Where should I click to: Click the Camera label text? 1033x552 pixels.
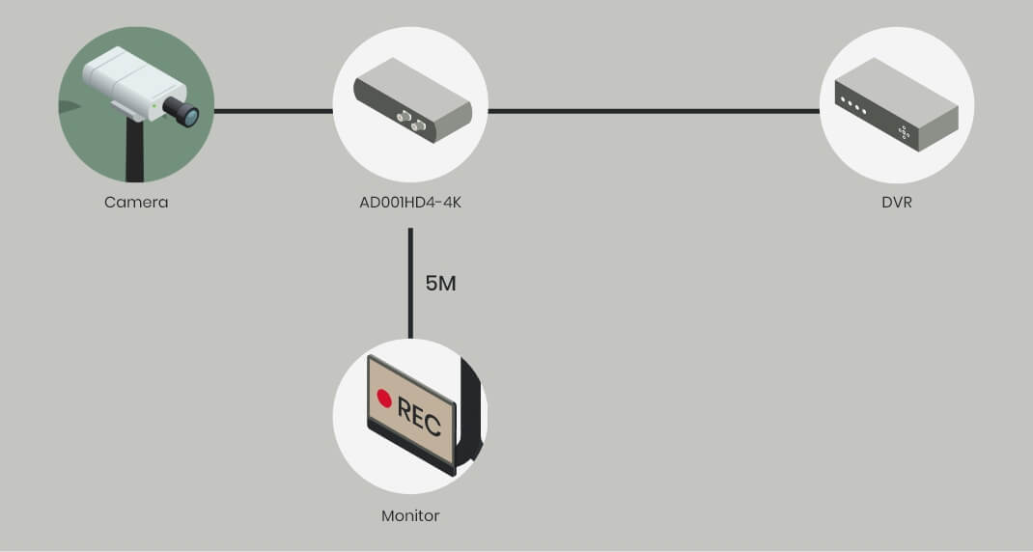coord(136,203)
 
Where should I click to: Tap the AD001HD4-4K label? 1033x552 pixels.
coord(409,203)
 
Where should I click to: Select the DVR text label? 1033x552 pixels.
coord(896,203)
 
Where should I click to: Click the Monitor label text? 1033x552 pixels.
coord(410,515)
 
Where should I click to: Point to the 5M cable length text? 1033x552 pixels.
coord(440,284)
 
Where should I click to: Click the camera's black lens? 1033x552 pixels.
coord(183,111)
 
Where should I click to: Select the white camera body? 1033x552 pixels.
coord(121,77)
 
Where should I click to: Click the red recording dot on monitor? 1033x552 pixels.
coord(384,399)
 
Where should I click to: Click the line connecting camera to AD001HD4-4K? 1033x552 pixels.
coord(273,111)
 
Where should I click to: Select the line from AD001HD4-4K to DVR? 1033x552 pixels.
coord(653,111)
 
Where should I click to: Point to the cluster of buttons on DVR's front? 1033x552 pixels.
coord(905,133)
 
